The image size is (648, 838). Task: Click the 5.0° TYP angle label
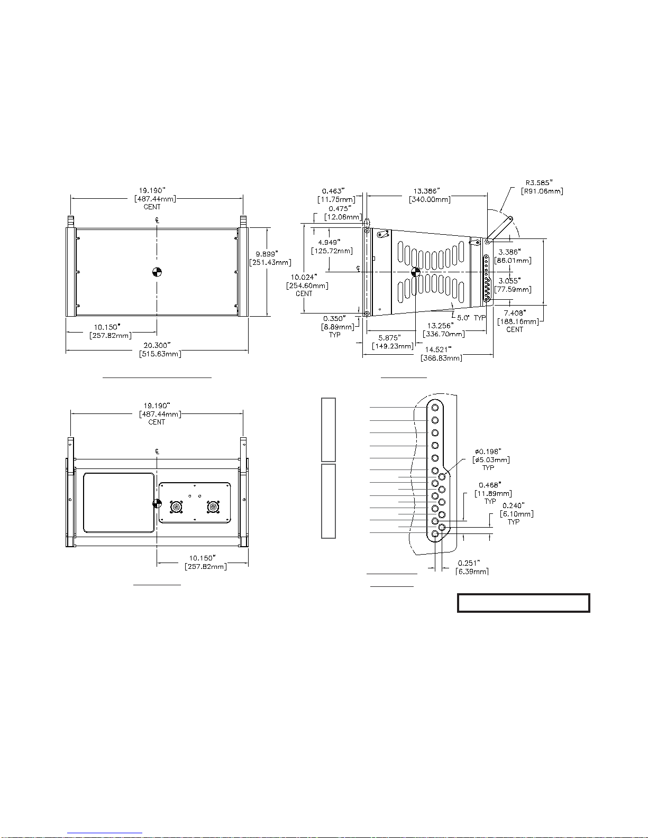471,318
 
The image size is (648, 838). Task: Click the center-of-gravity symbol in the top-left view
157,272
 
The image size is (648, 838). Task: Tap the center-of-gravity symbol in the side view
415,272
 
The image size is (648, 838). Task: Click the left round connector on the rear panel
177,507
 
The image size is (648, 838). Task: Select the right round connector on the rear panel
213,507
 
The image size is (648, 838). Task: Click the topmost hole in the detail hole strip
435,408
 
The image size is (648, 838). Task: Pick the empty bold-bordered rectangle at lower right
523,603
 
